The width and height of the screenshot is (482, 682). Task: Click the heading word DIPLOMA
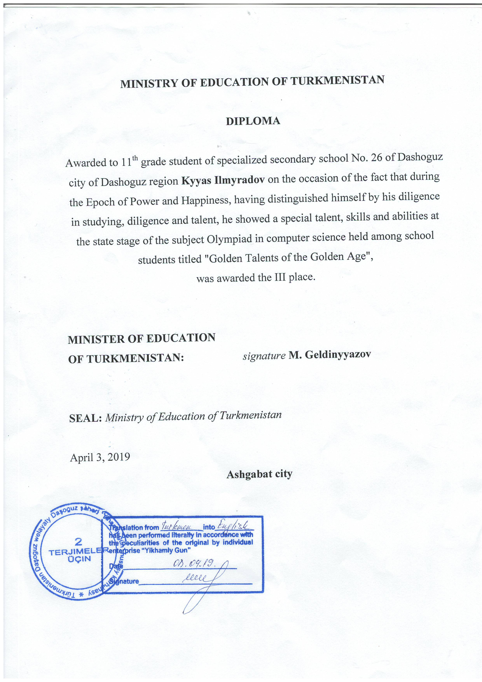[x=253, y=121]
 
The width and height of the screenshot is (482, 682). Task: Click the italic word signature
[x=264, y=356]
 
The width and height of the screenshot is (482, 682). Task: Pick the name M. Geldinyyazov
[x=330, y=355]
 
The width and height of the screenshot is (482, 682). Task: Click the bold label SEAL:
[x=86, y=418]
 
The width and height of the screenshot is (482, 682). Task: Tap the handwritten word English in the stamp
[x=235, y=526]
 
